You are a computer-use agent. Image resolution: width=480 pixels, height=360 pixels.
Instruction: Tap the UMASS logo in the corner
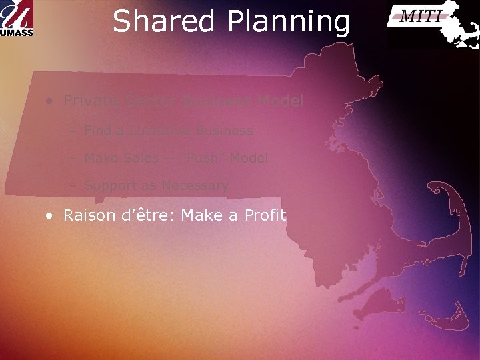coord(17,18)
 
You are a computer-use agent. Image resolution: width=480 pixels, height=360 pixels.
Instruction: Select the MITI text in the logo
coord(420,17)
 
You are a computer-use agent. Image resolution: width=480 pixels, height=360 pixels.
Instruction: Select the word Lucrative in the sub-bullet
coord(152,131)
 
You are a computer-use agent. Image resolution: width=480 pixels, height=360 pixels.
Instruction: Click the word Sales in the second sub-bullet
coord(140,158)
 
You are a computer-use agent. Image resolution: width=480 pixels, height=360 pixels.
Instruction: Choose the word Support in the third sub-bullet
coord(111,186)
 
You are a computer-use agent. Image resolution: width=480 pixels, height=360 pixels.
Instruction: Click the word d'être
coord(144,215)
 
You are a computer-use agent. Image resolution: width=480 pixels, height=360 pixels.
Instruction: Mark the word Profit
coord(265,215)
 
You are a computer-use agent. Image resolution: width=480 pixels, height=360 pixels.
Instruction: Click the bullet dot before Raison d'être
coord(50,216)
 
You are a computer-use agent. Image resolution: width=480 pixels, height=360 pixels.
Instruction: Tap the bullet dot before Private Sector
coord(50,102)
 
